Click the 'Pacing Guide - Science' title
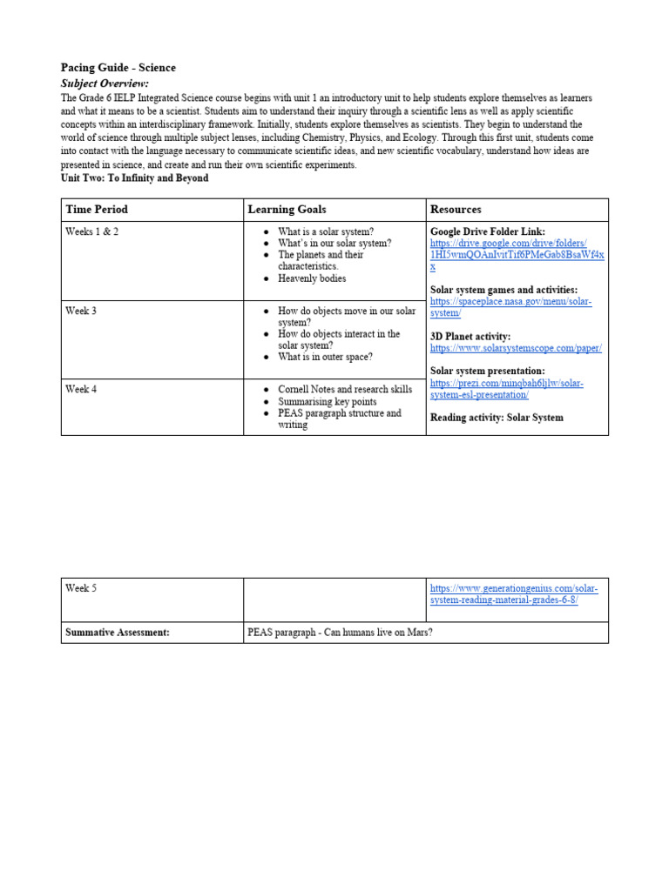click(118, 68)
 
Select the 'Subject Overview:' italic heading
click(105, 84)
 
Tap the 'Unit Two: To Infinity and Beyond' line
click(134, 178)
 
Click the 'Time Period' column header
click(97, 210)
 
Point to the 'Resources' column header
click(456, 210)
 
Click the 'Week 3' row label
click(81, 311)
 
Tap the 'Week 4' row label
click(81, 389)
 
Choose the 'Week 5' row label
click(81, 588)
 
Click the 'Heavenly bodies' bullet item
click(312, 278)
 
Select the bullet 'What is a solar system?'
click(326, 232)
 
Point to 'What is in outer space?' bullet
click(325, 357)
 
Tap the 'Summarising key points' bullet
click(328, 401)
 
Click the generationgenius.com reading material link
click(514, 594)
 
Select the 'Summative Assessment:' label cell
click(117, 633)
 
